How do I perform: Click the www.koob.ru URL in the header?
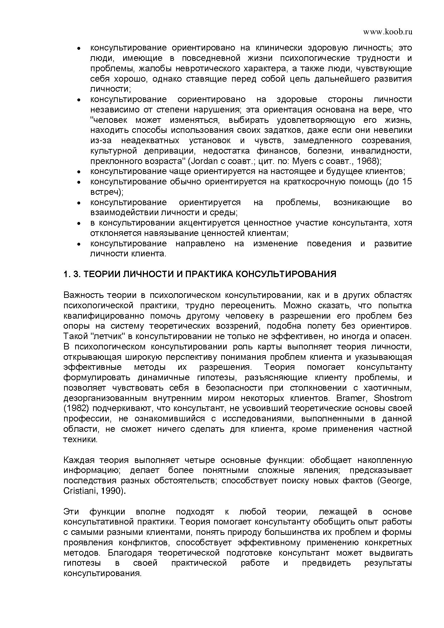click(387, 32)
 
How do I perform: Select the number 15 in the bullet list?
click(407, 182)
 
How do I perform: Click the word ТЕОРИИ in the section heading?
click(102, 274)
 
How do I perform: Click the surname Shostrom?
click(393, 398)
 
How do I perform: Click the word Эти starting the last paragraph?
click(71, 512)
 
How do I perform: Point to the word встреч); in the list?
click(107, 192)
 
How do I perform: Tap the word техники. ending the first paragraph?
click(81, 439)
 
